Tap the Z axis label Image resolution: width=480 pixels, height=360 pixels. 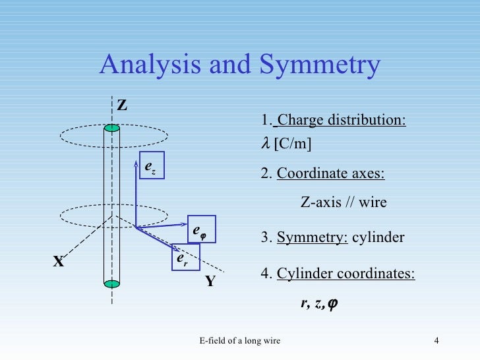(x=122, y=105)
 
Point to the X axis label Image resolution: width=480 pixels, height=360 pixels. (x=59, y=262)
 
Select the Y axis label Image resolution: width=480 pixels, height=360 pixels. (x=210, y=282)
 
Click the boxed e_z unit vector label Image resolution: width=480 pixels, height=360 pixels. (x=151, y=167)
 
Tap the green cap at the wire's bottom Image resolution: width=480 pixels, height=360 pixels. (x=113, y=284)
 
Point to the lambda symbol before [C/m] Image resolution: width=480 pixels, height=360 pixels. (x=266, y=144)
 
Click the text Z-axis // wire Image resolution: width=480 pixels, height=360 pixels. (x=344, y=203)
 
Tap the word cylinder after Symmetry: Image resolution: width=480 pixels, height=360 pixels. (x=378, y=237)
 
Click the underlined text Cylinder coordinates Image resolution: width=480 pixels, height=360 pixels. (x=346, y=274)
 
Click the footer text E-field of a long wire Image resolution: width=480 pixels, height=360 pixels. (x=239, y=340)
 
